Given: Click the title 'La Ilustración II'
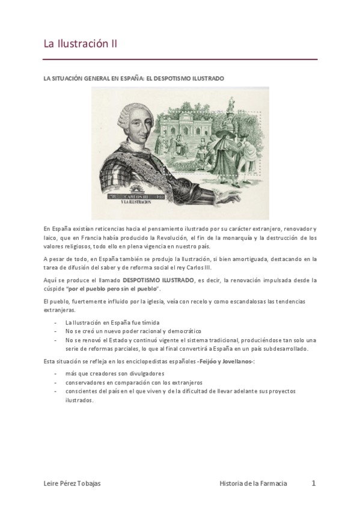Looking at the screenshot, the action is [x=80, y=44].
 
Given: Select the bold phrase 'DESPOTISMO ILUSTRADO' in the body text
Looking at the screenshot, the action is [x=158, y=280].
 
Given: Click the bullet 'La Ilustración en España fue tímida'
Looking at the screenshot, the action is [x=112, y=323].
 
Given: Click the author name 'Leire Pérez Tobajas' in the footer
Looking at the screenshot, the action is [x=73, y=484].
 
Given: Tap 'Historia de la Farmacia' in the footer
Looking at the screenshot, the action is [x=253, y=484].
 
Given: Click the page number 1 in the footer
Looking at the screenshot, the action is [x=313, y=483].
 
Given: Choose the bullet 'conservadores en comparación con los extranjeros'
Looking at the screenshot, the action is [x=134, y=382].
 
